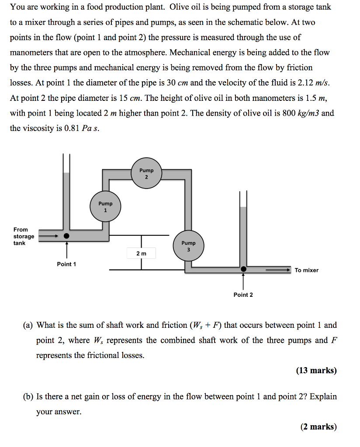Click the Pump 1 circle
pyautogui.click(x=105, y=206)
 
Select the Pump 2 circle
pyautogui.click(x=146, y=173)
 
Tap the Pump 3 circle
pyautogui.click(x=189, y=246)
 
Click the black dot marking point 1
pyautogui.click(x=66, y=236)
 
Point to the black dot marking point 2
pyautogui.click(x=243, y=269)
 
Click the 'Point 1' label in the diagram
pyautogui.click(x=66, y=264)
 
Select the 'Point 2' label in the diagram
pyautogui.click(x=243, y=295)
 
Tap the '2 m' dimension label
pyautogui.click(x=142, y=253)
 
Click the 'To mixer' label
pyautogui.click(x=306, y=270)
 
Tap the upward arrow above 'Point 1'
pyautogui.click(x=66, y=250)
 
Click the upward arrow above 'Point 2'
pyautogui.click(x=243, y=282)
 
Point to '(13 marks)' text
pyautogui.click(x=316, y=371)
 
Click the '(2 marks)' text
pyautogui.click(x=318, y=426)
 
